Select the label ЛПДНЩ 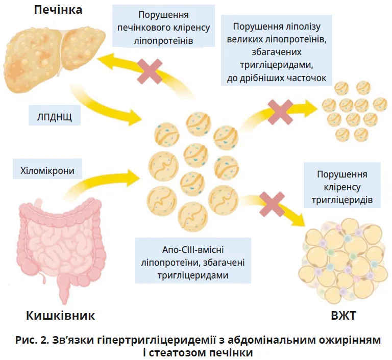coord(51,117)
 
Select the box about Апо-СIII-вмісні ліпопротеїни coord(193,262)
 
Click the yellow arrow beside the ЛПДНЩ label coord(110,110)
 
